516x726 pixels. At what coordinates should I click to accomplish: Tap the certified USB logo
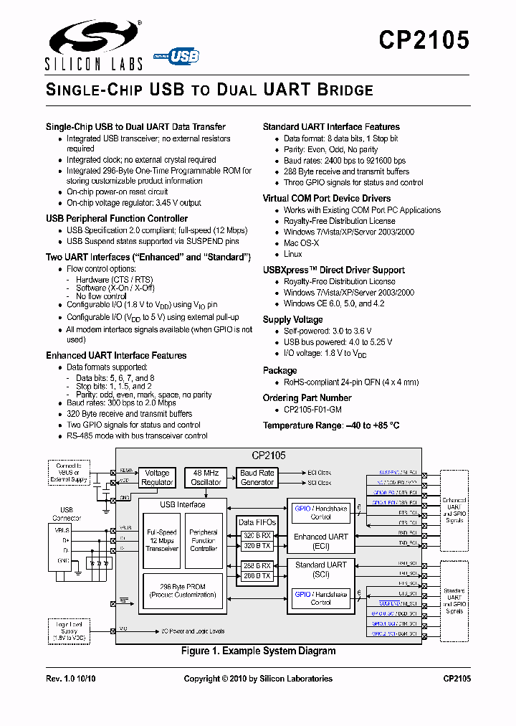pos(178,56)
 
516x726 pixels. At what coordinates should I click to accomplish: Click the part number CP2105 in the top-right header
pos(424,40)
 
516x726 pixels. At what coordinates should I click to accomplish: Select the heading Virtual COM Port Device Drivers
pos(326,198)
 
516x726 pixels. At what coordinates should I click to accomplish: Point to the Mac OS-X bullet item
pos(302,243)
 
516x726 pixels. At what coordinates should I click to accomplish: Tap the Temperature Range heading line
pos(330,425)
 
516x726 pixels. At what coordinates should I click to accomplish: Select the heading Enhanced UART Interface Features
pos(116,355)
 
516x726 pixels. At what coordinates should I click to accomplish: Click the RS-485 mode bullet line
pos(137,435)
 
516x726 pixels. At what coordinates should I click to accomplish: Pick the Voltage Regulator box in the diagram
pos(157,478)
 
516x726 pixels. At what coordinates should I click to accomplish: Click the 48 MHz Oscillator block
pos(206,478)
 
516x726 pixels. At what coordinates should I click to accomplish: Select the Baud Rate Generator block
pos(257,478)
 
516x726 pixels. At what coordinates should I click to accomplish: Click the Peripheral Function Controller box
pos(204,540)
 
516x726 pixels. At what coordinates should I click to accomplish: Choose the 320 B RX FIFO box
pos(257,535)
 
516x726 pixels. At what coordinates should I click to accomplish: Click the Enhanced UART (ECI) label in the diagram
pos(321,540)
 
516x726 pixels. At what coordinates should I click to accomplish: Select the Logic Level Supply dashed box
pos(69,632)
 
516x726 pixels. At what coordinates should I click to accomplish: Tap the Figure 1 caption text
pos(258,651)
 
